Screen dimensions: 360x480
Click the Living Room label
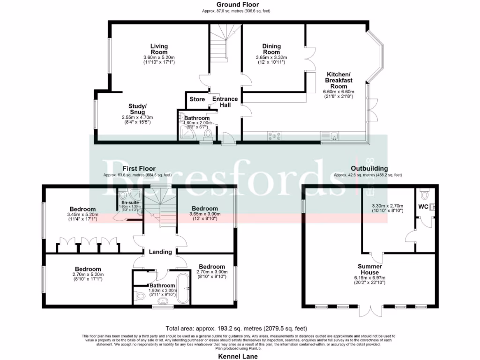point(159,49)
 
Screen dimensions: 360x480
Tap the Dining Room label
point(271,49)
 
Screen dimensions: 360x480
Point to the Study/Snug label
point(137,109)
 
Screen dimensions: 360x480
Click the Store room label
point(197,99)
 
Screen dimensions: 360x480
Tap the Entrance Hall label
point(225,102)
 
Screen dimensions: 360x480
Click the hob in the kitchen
point(274,136)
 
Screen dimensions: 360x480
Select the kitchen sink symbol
point(330,136)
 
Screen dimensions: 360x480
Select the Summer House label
point(369,270)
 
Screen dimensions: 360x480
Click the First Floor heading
point(139,168)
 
